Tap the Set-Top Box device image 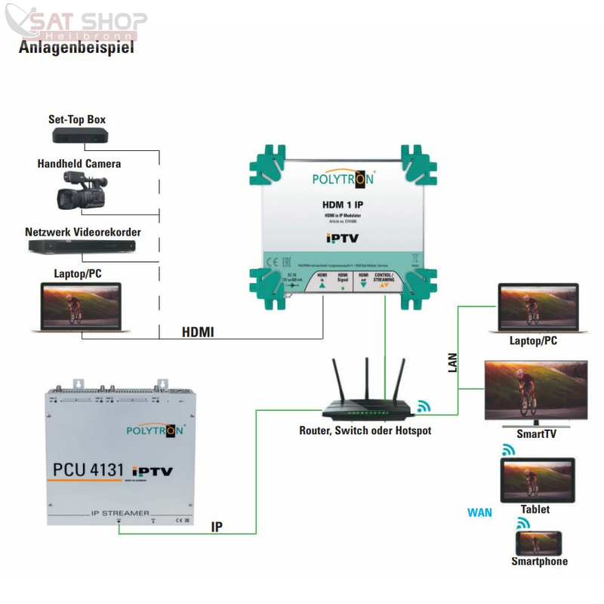pyautogui.click(x=81, y=136)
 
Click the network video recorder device pyautogui.click(x=83, y=247)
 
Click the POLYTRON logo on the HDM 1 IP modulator pyautogui.click(x=337, y=180)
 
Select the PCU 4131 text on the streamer pyautogui.click(x=88, y=470)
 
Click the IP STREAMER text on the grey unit pyautogui.click(x=119, y=513)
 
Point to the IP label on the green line pyautogui.click(x=217, y=527)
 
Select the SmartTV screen pyautogui.click(x=535, y=388)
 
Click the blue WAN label pyautogui.click(x=479, y=513)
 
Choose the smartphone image pyautogui.click(x=538, y=543)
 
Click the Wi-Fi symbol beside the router pyautogui.click(x=424, y=407)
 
